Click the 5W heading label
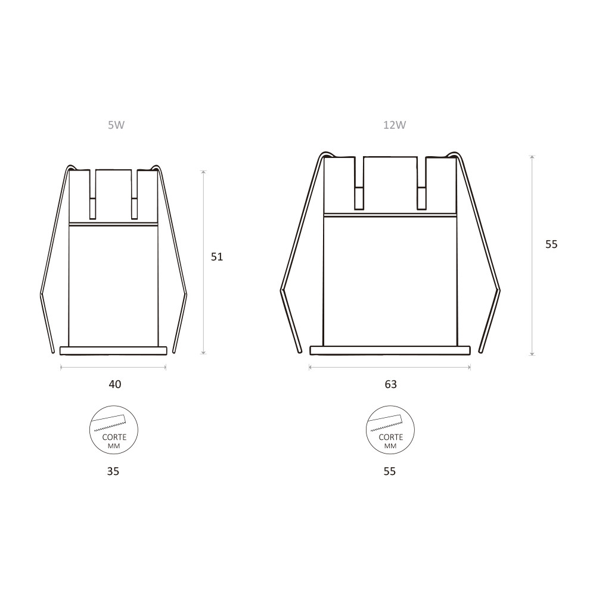pyautogui.click(x=116, y=125)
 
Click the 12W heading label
pyautogui.click(x=395, y=125)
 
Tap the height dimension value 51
pyautogui.click(x=217, y=257)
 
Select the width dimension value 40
pyautogui.click(x=115, y=384)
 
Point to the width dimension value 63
pyautogui.click(x=391, y=384)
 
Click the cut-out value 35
pyautogui.click(x=113, y=471)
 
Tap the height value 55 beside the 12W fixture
pyautogui.click(x=551, y=244)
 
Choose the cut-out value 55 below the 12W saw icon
pyautogui.click(x=390, y=471)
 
